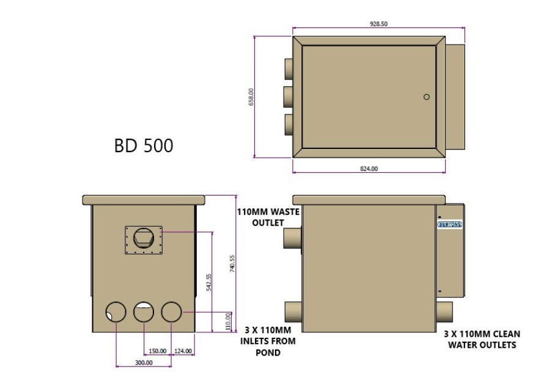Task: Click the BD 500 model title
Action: point(143,146)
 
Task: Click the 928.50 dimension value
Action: point(379,24)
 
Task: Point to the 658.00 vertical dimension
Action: point(251,97)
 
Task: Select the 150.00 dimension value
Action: point(158,351)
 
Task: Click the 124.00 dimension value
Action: point(183,351)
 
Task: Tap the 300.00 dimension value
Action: point(144,363)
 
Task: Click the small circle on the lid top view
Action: point(427,97)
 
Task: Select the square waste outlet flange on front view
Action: point(144,238)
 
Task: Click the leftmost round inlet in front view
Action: point(116,312)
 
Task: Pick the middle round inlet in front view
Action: point(144,312)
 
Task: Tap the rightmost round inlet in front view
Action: point(172,312)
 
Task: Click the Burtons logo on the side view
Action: point(450,225)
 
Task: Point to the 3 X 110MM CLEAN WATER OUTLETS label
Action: point(482,339)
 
